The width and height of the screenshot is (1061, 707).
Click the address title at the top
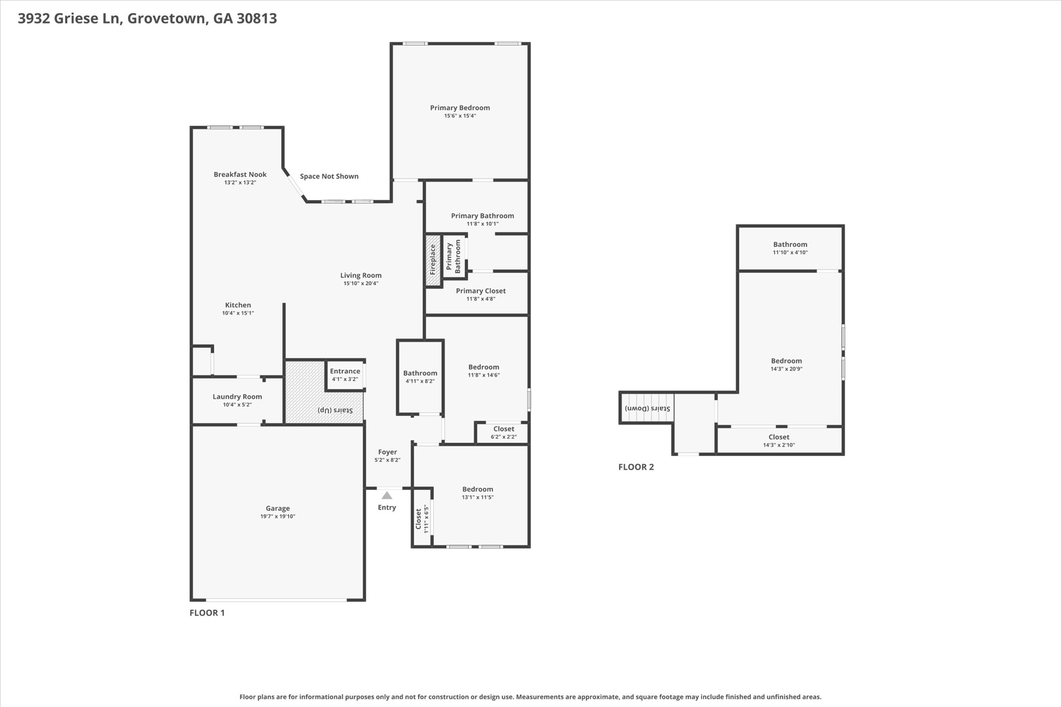point(147,19)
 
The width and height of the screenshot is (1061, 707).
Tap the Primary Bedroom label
point(460,108)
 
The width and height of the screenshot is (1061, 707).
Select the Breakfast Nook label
point(240,175)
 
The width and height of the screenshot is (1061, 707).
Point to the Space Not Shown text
point(329,176)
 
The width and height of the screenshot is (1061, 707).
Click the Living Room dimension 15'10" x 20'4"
point(361,283)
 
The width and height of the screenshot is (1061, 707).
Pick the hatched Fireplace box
point(433,260)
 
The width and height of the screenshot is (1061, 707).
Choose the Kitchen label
point(238,305)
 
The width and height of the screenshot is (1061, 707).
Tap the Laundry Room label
point(237,397)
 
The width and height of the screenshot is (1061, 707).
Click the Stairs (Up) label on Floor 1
point(335,410)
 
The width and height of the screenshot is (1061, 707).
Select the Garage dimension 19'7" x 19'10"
point(278,516)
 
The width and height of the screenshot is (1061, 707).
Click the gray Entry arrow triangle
point(387,495)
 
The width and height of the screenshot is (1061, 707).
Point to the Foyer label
point(388,452)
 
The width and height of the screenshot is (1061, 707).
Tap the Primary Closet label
point(481,291)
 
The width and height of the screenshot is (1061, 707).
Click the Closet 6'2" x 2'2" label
point(504,432)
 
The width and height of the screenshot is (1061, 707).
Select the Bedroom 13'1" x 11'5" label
point(478,493)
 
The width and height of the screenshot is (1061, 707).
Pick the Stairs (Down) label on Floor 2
point(648,408)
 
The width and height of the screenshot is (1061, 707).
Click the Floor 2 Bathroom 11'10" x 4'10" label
point(791,248)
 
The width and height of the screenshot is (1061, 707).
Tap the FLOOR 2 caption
point(636,467)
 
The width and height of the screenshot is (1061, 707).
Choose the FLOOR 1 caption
point(207,613)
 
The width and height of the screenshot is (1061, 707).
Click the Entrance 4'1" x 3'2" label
point(345,375)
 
